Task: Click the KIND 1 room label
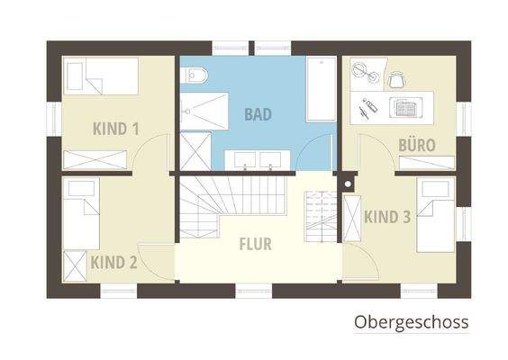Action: (115, 129)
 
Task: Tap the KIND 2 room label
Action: (113, 263)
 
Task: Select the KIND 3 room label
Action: (387, 216)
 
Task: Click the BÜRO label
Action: (417, 144)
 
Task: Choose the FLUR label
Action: (255, 243)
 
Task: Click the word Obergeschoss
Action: (411, 321)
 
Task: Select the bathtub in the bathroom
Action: (319, 90)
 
